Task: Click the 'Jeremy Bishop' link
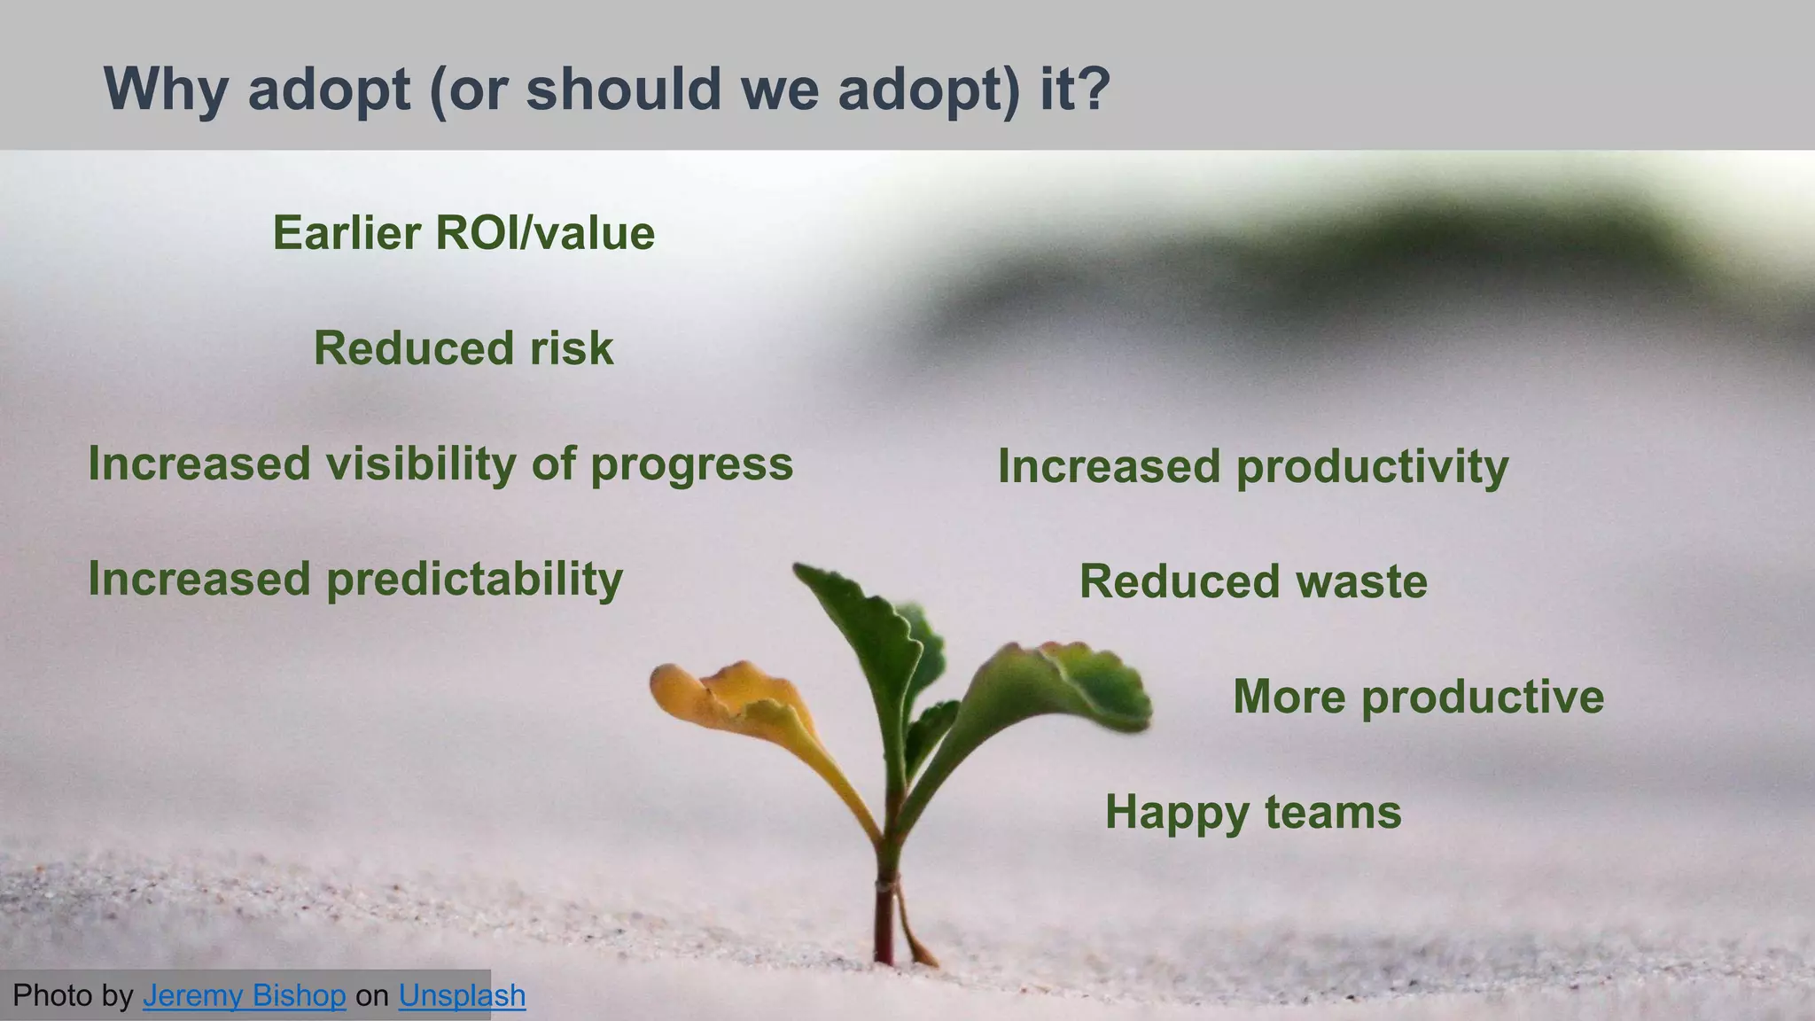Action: click(x=244, y=995)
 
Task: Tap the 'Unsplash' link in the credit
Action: click(x=462, y=995)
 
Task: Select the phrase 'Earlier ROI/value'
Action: click(x=463, y=233)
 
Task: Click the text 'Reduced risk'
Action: click(x=463, y=348)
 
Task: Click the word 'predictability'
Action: click(x=475, y=580)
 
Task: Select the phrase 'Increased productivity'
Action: click(x=1253, y=466)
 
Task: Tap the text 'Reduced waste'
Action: click(x=1253, y=582)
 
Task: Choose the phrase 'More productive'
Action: click(x=1418, y=697)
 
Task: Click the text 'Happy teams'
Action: click(x=1253, y=812)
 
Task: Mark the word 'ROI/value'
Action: click(x=545, y=233)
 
